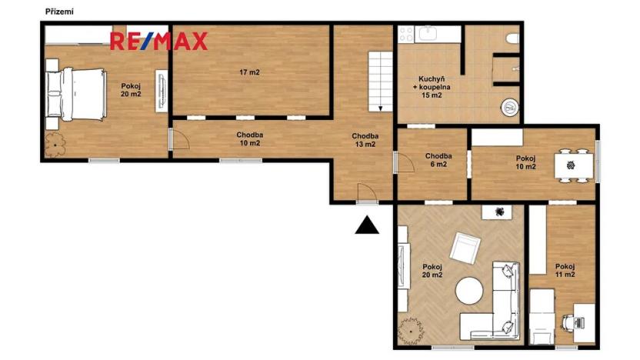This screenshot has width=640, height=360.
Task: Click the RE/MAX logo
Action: pos(158,42)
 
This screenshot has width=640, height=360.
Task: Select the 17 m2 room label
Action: pos(249,73)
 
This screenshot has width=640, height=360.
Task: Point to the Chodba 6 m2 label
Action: pos(438,160)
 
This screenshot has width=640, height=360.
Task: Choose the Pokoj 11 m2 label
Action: pos(565,269)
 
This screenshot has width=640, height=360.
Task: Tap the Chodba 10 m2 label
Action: pos(250,138)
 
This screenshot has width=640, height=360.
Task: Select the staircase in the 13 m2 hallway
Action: pos(377,81)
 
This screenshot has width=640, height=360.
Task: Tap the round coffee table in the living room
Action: pos(469,292)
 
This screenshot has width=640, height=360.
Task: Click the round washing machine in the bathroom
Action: pos(508,108)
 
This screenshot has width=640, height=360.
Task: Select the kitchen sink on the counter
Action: pos(428,34)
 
